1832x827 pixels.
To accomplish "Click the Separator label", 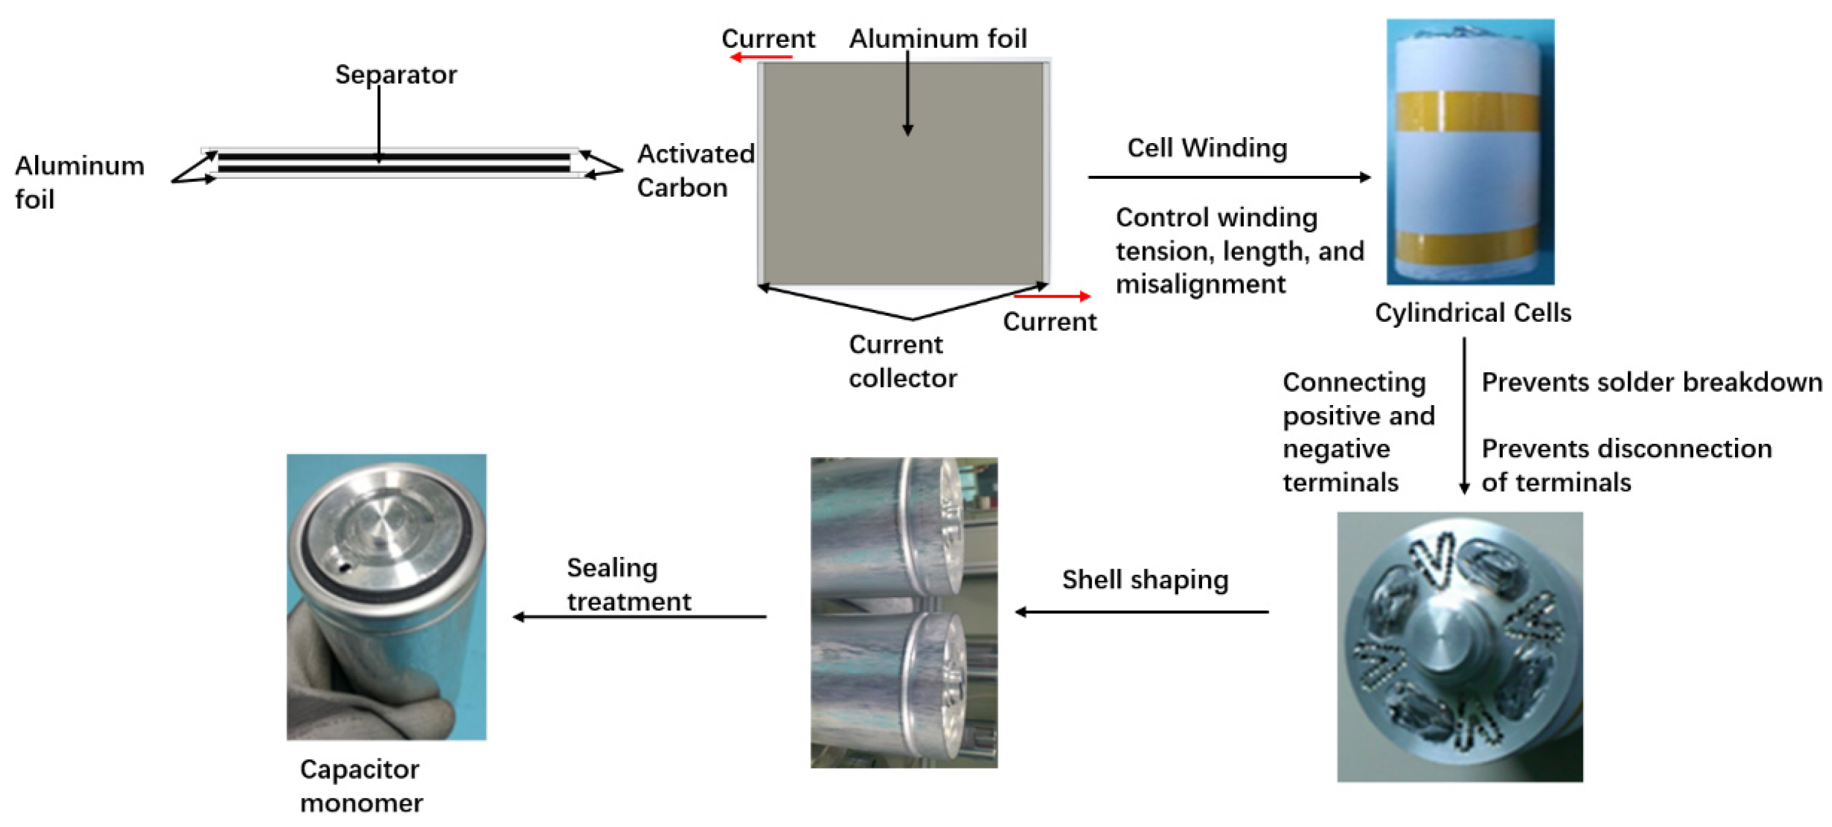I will point(395,75).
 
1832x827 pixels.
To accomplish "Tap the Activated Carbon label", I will point(695,170).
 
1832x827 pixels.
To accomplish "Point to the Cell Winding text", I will point(1207,148).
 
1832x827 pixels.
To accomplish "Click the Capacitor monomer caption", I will point(361,786).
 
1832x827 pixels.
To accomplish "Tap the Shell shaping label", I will point(1145,580).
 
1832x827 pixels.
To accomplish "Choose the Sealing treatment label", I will point(628,584).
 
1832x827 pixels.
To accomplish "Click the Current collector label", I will point(902,361).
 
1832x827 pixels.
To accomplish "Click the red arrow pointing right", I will point(1052,296).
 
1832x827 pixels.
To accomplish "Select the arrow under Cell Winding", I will point(1229,177).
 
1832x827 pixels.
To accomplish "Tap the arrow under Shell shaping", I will point(1142,612).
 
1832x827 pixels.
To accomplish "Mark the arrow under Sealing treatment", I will point(640,617).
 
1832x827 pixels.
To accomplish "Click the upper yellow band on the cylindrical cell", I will point(1469,112).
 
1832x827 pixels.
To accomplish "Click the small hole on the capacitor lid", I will point(344,567).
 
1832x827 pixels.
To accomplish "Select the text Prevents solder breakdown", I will point(1651,383).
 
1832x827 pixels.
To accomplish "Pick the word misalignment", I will point(1200,284).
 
